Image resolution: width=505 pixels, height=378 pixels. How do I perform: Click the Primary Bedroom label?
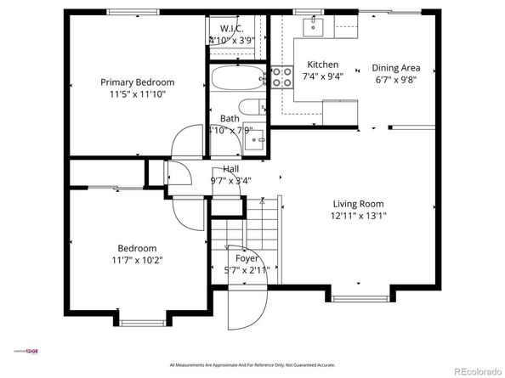tap(137, 82)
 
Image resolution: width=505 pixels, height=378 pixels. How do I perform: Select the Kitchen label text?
tap(322, 65)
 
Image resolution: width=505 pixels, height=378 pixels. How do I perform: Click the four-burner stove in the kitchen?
tap(280, 78)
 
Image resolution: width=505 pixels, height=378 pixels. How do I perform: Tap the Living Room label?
tap(358, 204)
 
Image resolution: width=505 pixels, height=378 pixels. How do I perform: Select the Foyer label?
tap(247, 257)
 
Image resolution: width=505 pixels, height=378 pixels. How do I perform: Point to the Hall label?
tap(230, 169)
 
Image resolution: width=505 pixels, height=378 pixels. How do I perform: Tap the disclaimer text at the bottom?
tap(252, 364)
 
